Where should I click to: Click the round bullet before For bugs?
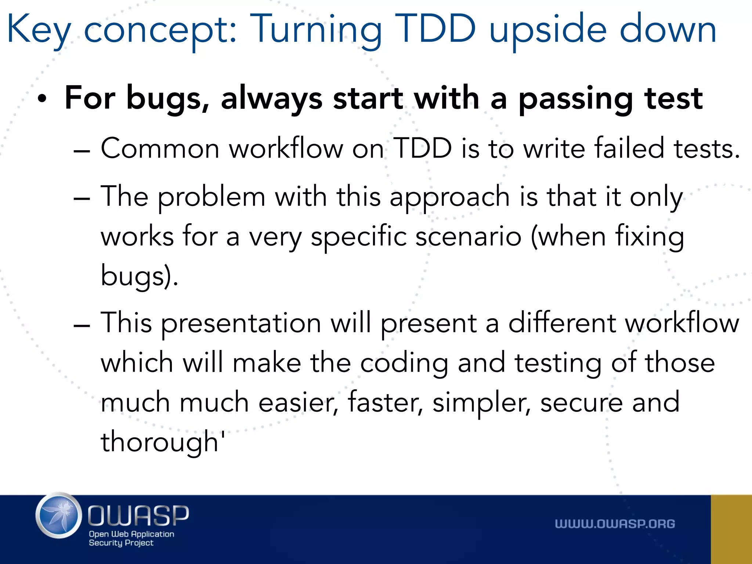point(42,99)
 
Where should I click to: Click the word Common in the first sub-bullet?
point(160,148)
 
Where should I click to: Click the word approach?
point(449,198)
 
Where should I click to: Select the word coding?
point(404,364)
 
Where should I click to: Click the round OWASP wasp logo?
point(59,516)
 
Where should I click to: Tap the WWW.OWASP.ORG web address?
point(615,524)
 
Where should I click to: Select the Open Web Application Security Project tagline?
point(131,538)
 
